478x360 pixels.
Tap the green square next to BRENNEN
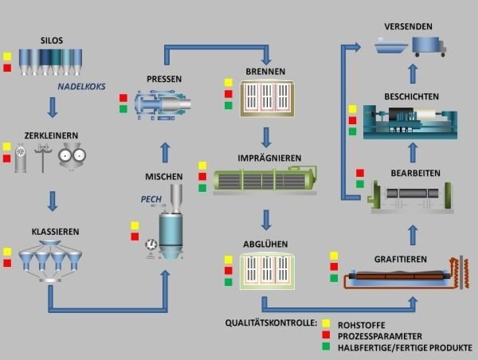(228, 105)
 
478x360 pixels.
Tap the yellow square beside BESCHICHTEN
(352, 109)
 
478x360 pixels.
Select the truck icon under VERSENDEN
(429, 46)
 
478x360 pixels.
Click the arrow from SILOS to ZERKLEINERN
(53, 107)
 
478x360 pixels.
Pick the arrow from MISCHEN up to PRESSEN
(166, 151)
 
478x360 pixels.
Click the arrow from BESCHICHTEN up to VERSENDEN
(412, 74)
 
